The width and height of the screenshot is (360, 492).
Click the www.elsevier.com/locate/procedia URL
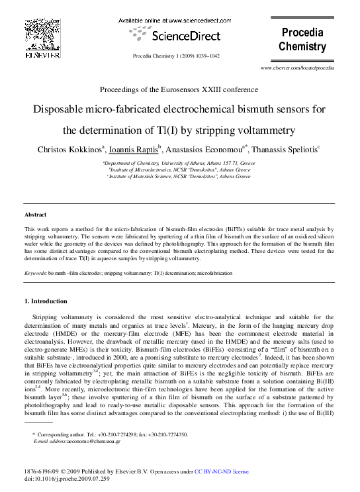tap(298, 68)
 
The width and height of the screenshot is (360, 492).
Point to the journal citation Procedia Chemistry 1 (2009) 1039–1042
tap(177, 57)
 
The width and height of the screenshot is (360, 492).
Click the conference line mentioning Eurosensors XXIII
tap(179, 88)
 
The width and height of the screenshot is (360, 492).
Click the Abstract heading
tap(35, 215)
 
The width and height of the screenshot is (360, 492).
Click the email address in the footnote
tap(92, 440)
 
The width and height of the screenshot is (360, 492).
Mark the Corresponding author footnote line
tap(110, 434)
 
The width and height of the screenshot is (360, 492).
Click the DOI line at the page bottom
tap(66, 479)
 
